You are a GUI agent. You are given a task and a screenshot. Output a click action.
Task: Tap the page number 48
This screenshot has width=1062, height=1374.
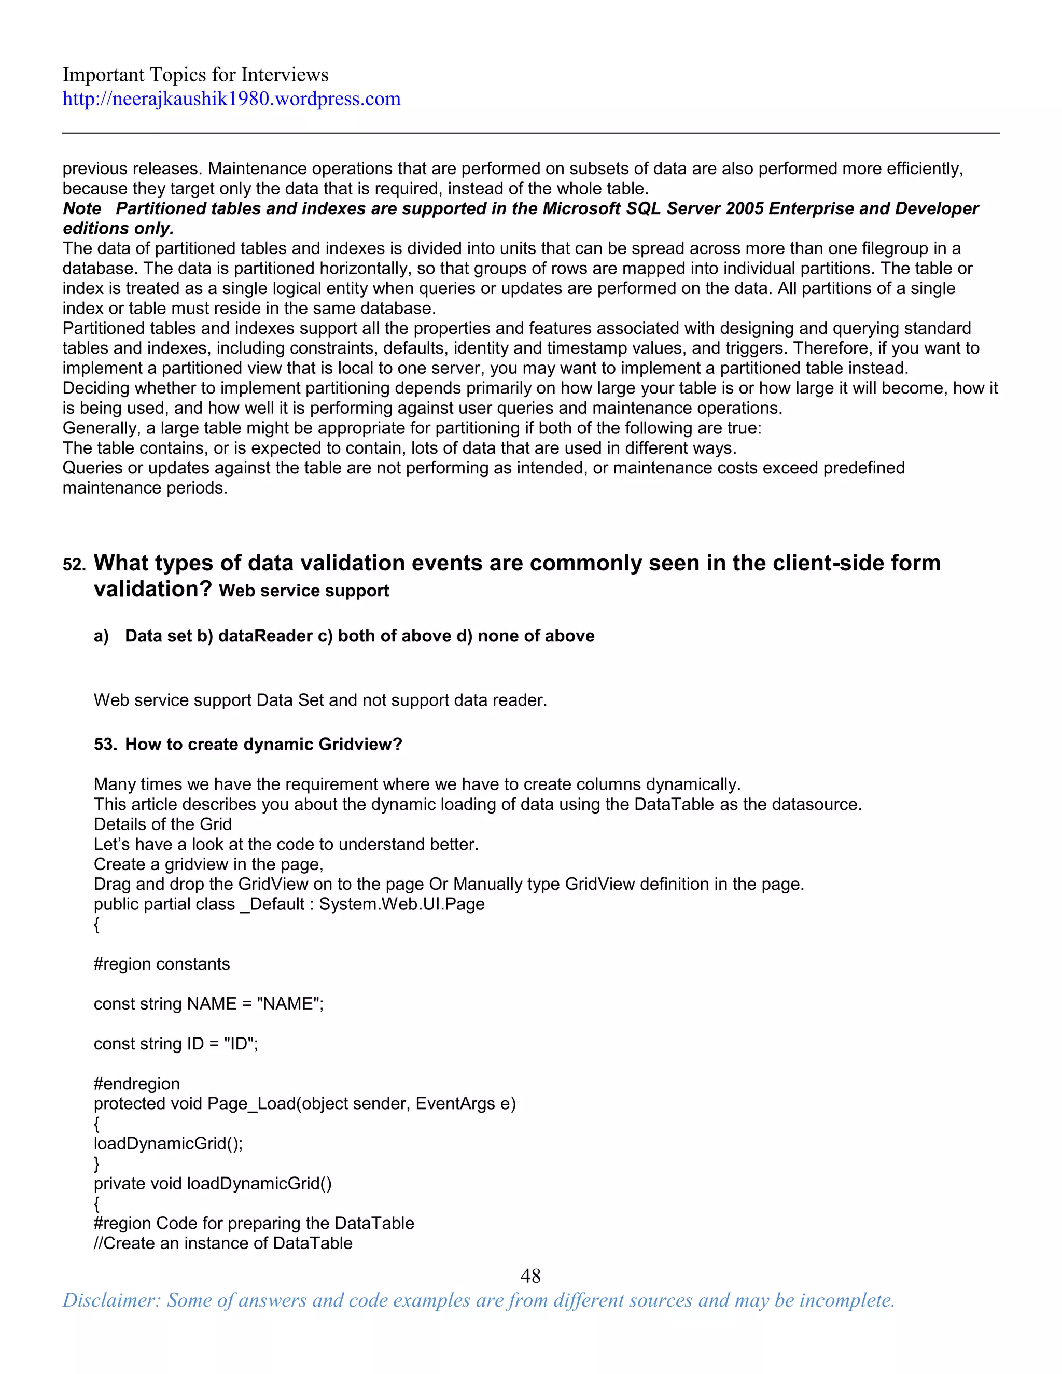click(530, 1275)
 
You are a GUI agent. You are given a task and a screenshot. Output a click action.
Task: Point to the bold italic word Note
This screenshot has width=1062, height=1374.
click(82, 208)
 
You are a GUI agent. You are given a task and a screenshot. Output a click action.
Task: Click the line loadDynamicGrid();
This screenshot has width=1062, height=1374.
click(168, 1143)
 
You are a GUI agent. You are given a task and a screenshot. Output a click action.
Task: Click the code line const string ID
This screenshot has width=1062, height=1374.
click(176, 1044)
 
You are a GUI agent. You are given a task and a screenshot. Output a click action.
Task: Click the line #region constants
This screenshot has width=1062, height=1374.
click(162, 964)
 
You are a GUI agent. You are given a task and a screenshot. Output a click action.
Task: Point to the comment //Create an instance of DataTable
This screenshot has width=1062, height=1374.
click(222, 1243)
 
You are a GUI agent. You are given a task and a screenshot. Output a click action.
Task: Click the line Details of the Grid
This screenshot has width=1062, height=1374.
click(162, 824)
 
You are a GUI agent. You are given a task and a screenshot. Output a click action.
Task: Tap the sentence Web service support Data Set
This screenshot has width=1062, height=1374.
click(320, 700)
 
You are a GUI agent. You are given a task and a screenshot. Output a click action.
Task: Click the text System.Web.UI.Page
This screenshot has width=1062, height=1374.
click(401, 904)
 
